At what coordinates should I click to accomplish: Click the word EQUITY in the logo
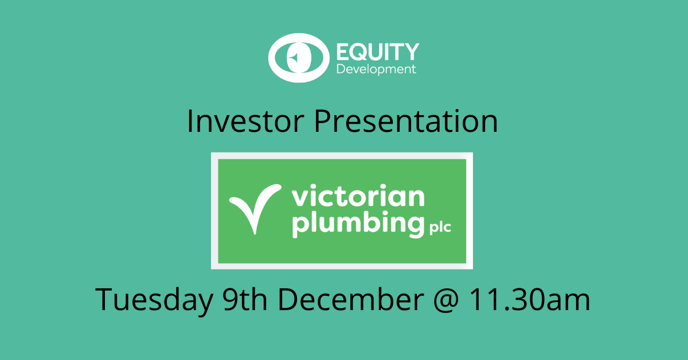(376, 52)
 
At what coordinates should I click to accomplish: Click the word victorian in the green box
(358, 198)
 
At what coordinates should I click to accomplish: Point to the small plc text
(439, 229)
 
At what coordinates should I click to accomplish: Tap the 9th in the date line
(245, 299)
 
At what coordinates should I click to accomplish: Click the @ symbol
(452, 300)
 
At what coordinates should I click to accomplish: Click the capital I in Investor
(190, 122)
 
